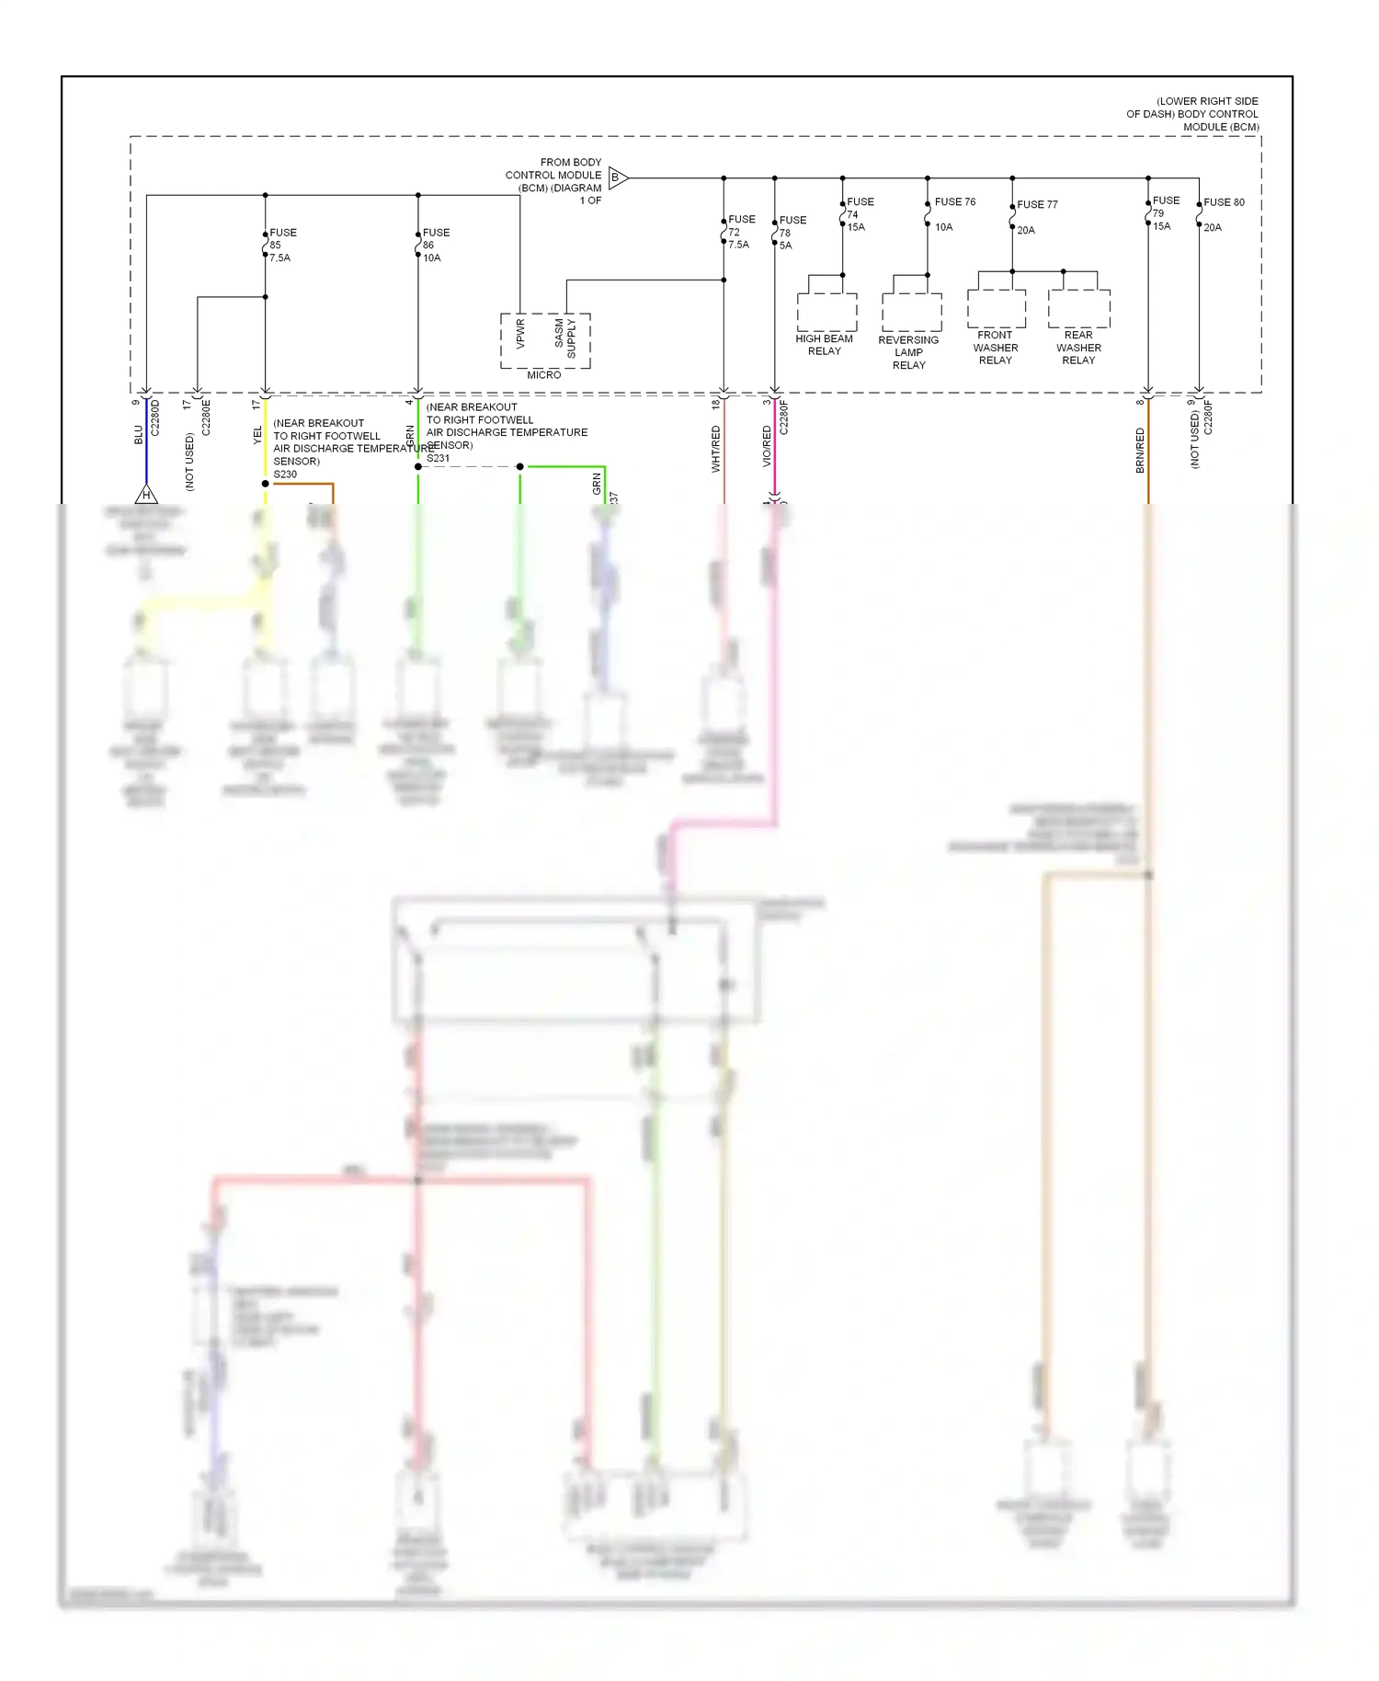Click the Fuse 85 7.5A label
[x=280, y=246]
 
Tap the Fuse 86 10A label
[x=435, y=246]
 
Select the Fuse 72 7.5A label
[x=740, y=232]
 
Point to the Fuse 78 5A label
[x=792, y=233]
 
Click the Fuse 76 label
[x=955, y=202]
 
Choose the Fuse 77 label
[x=1037, y=205]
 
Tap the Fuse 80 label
[x=1224, y=202]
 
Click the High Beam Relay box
[x=826, y=312]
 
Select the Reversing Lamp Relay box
[x=911, y=312]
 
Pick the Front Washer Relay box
[x=997, y=309]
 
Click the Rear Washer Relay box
[x=1079, y=309]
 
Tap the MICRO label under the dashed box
[x=544, y=375]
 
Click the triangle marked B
[x=617, y=178]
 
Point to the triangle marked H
[x=146, y=496]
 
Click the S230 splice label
[x=285, y=475]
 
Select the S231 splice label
[x=439, y=458]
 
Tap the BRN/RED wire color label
[x=1140, y=451]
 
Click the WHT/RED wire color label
[x=716, y=449]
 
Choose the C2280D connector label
[x=155, y=417]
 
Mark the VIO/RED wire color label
[x=767, y=446]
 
